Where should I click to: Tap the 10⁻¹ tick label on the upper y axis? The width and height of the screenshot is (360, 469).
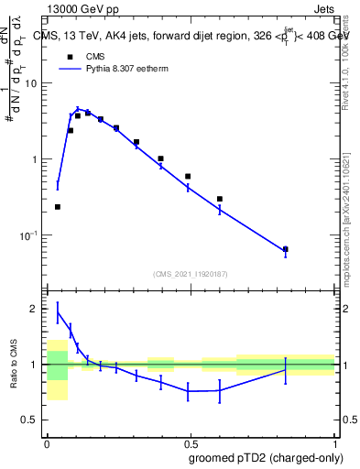[x=29, y=235]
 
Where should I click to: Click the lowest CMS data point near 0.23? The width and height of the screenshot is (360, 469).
[x=58, y=207]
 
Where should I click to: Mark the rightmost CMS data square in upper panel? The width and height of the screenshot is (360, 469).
[x=286, y=249]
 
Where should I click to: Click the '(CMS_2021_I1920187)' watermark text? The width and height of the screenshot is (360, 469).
[x=190, y=274]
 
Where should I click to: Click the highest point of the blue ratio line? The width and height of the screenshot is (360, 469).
[x=58, y=312]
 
